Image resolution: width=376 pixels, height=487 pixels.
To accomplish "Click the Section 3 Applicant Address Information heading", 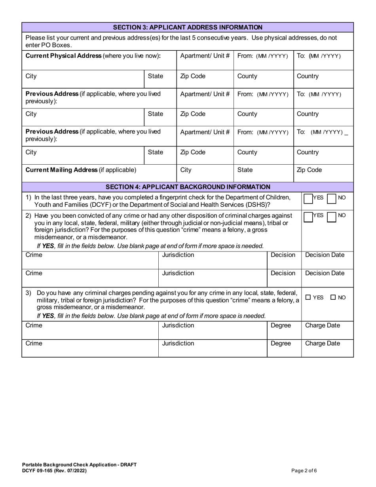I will [x=188, y=27].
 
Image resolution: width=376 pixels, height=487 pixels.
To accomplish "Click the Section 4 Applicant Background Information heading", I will [x=188, y=186].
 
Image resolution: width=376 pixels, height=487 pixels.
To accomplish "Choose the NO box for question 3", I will [x=333, y=297].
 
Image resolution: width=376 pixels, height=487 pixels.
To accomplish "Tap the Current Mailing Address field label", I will [x=81, y=170].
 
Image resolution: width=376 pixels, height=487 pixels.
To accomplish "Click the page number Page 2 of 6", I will [x=304, y=471].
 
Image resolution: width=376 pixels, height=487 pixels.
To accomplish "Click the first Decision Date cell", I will [x=327, y=255].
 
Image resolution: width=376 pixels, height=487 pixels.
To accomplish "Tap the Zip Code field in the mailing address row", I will [x=309, y=170].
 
